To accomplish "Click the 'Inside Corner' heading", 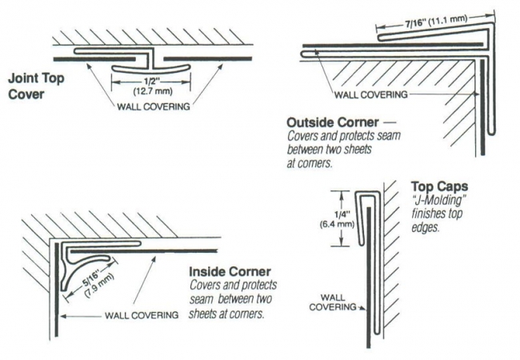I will (223, 272).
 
